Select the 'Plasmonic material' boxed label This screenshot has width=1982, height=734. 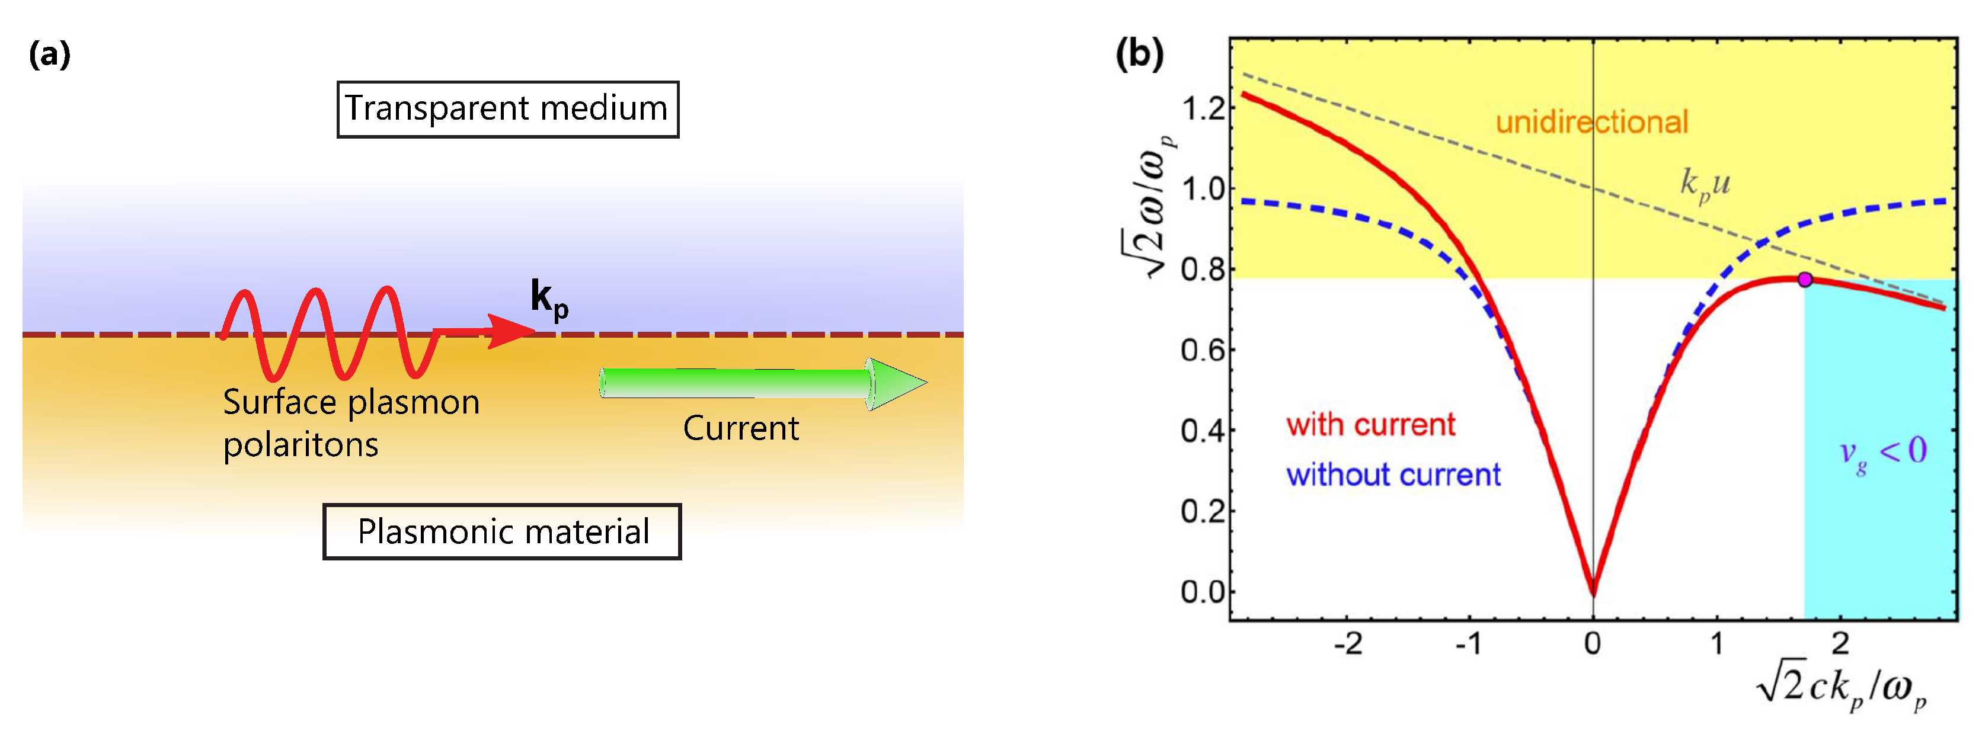tap(503, 531)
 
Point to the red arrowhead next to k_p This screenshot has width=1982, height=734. tap(511, 332)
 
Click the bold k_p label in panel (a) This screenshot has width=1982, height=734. tap(549, 299)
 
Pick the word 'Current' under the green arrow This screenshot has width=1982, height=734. tap(741, 428)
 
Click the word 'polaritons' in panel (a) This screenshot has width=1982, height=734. tap(301, 445)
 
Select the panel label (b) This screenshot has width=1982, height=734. tap(1140, 54)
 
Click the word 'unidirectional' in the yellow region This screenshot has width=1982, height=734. tap(1591, 122)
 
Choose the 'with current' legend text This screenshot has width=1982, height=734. tap(1370, 425)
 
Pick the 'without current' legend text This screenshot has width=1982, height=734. tap(1393, 475)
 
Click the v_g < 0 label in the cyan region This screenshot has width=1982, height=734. tap(1883, 451)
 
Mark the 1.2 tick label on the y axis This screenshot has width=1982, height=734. tap(1203, 109)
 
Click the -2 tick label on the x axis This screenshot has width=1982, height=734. tap(1347, 643)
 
